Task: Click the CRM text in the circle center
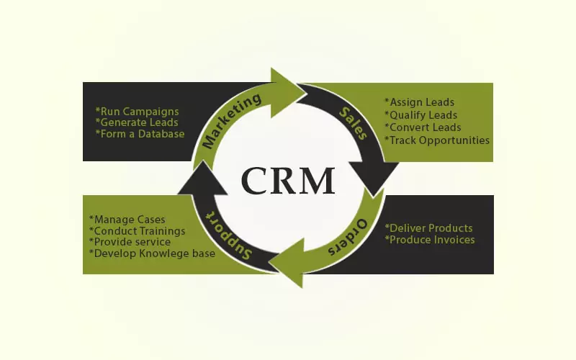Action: pos(288,180)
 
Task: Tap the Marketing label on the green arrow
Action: pos(232,122)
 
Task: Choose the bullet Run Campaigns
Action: pos(137,112)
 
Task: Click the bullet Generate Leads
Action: pos(138,122)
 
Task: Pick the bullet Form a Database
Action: pos(140,134)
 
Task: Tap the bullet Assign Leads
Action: pos(420,102)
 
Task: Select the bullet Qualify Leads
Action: pos(421,114)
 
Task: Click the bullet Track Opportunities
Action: pos(437,140)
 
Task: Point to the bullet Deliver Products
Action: pos(429,228)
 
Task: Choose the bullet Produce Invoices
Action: pos(430,240)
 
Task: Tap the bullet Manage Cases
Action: pos(127,219)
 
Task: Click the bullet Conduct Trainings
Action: pos(137,230)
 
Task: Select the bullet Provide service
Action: pos(130,242)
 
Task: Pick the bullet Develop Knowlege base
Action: pos(151,253)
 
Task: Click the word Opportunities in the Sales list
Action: pos(455,140)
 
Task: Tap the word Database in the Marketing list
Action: pos(162,134)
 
